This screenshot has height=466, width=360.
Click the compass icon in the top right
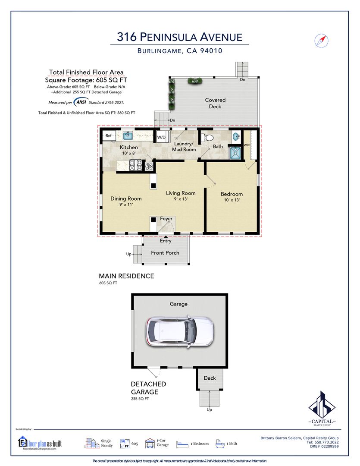pos(321,41)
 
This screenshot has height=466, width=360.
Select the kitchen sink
pos(128,136)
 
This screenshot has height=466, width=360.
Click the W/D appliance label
pos(161,137)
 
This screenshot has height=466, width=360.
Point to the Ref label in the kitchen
pos(109,135)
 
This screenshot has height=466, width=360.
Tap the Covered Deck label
pos(215,103)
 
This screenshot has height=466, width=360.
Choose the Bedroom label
pos(232,194)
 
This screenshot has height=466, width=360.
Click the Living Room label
pos(181,193)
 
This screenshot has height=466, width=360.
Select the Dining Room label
pos(126,198)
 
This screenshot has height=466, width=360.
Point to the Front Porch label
pos(165,253)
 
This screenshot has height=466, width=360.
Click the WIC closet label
pos(247,145)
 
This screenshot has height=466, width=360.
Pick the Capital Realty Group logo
pos(322,409)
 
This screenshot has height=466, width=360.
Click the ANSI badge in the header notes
pos(81,102)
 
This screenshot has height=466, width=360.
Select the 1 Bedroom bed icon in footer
pos(182,444)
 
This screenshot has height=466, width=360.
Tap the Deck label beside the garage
pos(210,378)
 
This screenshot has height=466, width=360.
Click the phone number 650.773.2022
pos(326,442)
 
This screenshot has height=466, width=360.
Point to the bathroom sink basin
pos(236,137)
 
